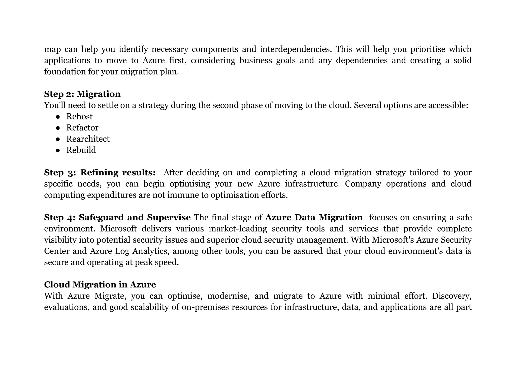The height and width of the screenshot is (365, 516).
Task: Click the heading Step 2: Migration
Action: (82, 94)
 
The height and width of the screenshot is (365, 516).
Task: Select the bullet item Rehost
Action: (79, 116)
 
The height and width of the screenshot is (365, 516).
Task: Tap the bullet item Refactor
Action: (82, 128)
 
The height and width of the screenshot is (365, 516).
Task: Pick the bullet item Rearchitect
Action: (88, 139)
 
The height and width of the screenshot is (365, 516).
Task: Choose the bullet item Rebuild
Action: (81, 150)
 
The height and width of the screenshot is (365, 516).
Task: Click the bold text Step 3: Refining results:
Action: (100, 173)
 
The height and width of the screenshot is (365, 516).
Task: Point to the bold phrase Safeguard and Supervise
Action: (135, 217)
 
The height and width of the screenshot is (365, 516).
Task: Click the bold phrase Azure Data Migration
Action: (314, 217)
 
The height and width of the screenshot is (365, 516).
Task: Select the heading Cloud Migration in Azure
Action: (100, 285)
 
